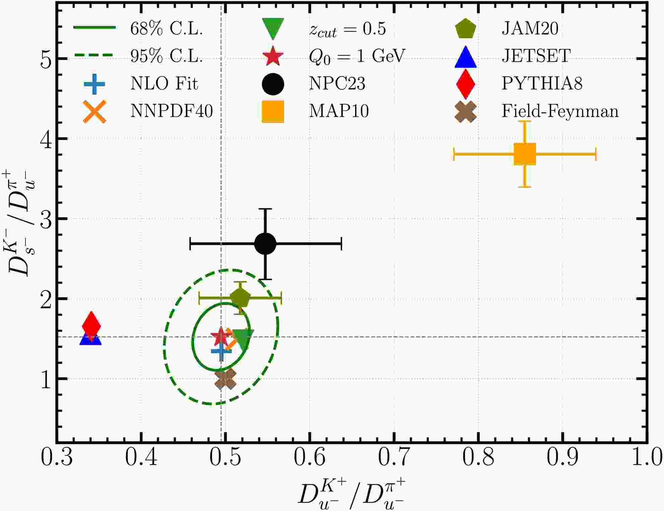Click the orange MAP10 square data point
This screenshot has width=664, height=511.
point(525,154)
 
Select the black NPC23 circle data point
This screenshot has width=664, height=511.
point(265,244)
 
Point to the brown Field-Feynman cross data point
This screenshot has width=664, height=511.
point(225,379)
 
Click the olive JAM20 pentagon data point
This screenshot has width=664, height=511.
point(240,297)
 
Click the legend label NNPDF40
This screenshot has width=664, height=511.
point(172,111)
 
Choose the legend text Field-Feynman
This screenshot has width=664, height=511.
point(560,111)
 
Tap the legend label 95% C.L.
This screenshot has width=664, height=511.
point(167,56)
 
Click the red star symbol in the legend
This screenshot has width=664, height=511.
point(273,56)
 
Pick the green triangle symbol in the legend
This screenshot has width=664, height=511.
point(273,29)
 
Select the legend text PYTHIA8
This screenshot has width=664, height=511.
point(542,83)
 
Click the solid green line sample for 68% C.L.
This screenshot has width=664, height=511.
point(94,27)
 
